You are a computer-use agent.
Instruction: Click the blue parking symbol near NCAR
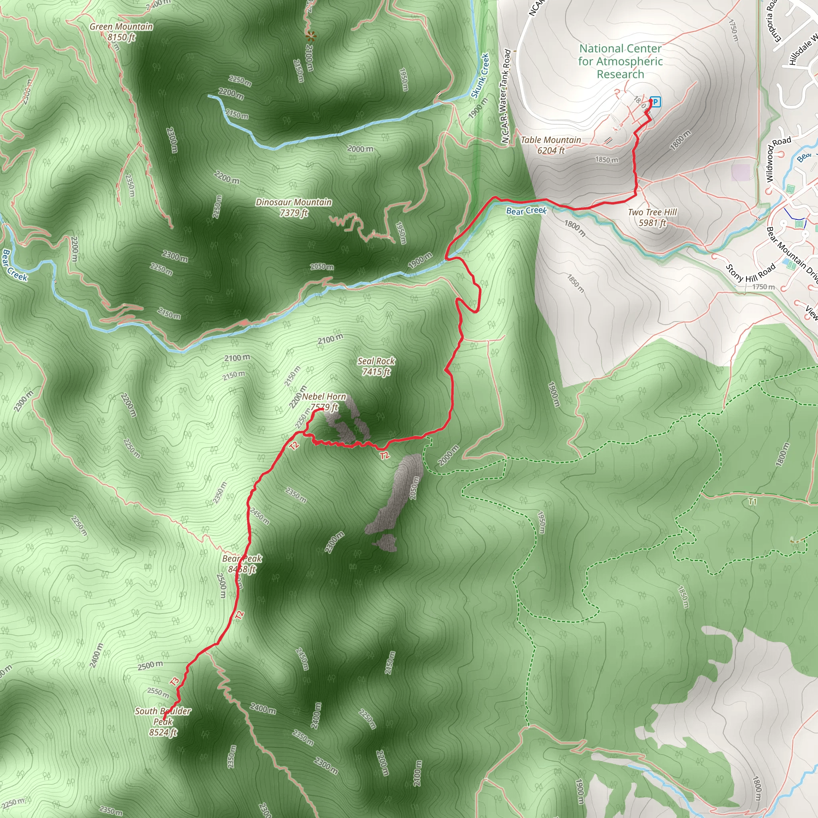coord(655,101)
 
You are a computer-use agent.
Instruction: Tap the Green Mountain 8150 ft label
coord(121,32)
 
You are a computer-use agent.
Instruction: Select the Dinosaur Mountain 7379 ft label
coord(294,207)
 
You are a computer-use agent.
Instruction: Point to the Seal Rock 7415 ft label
coord(376,366)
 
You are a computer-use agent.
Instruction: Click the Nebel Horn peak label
coord(324,402)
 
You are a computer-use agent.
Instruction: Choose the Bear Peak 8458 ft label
coord(242,564)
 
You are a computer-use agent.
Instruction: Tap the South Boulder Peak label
coord(163,721)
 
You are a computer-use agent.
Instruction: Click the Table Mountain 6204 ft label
coord(551,145)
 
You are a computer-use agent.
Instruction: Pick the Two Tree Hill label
coord(653,217)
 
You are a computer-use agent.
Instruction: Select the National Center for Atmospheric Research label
coord(620,62)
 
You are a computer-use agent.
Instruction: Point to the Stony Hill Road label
coord(750,273)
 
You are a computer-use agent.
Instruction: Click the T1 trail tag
coord(752,502)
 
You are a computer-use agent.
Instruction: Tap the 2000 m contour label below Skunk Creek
coord(360,149)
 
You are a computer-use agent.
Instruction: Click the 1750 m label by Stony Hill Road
coord(763,287)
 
